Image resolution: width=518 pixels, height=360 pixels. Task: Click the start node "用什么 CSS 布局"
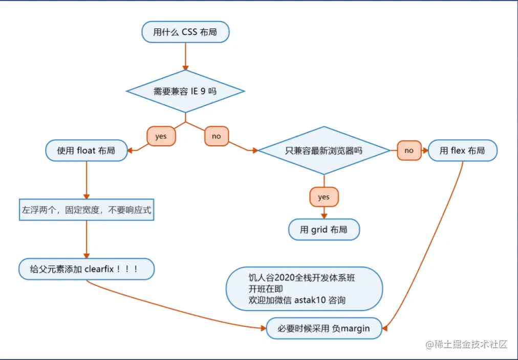point(185,32)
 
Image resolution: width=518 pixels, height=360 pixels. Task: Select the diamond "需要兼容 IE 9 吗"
point(185,92)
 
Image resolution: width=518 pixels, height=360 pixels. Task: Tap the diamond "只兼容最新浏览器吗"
point(323,151)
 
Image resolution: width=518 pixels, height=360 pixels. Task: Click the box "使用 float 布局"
point(86,151)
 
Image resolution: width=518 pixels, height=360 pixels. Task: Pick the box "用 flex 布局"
point(462,151)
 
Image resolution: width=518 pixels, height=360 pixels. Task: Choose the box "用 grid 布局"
point(323,230)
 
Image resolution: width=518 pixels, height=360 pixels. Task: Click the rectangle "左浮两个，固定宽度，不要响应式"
point(87,210)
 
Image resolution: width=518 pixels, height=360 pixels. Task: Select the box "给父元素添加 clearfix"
point(86,269)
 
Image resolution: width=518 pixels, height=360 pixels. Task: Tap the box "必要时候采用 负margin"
point(323,328)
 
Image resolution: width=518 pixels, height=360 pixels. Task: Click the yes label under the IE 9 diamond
point(161,137)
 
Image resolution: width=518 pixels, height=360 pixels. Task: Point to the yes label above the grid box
point(323,197)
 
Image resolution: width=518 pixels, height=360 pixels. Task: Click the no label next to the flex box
point(409,151)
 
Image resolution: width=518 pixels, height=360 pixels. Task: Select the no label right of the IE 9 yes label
point(216,137)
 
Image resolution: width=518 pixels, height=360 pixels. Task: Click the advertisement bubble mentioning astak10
point(304,289)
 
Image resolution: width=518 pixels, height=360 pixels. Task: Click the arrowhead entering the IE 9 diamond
point(185,67)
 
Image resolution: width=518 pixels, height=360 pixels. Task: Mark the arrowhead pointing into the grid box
point(323,216)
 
